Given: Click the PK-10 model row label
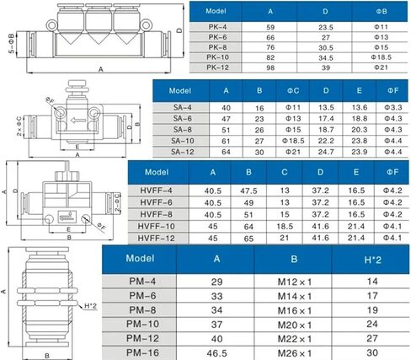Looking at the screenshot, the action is pyautogui.click(x=217, y=57).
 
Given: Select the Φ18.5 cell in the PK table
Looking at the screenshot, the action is pyautogui.click(x=381, y=57).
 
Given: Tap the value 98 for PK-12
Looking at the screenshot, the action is pyautogui.click(x=270, y=67).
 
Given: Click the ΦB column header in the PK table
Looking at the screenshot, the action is pyautogui.click(x=382, y=11).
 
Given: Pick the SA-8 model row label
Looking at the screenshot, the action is pyautogui.click(x=183, y=130).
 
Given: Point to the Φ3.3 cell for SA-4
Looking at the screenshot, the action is pyautogui.click(x=393, y=107).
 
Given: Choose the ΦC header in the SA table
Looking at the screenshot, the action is pyautogui.click(x=293, y=91).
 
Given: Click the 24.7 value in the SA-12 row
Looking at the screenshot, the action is pyautogui.click(x=326, y=152).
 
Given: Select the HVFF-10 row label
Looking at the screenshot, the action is pyautogui.click(x=156, y=226).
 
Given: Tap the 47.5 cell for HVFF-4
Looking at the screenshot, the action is pyautogui.click(x=248, y=191).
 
